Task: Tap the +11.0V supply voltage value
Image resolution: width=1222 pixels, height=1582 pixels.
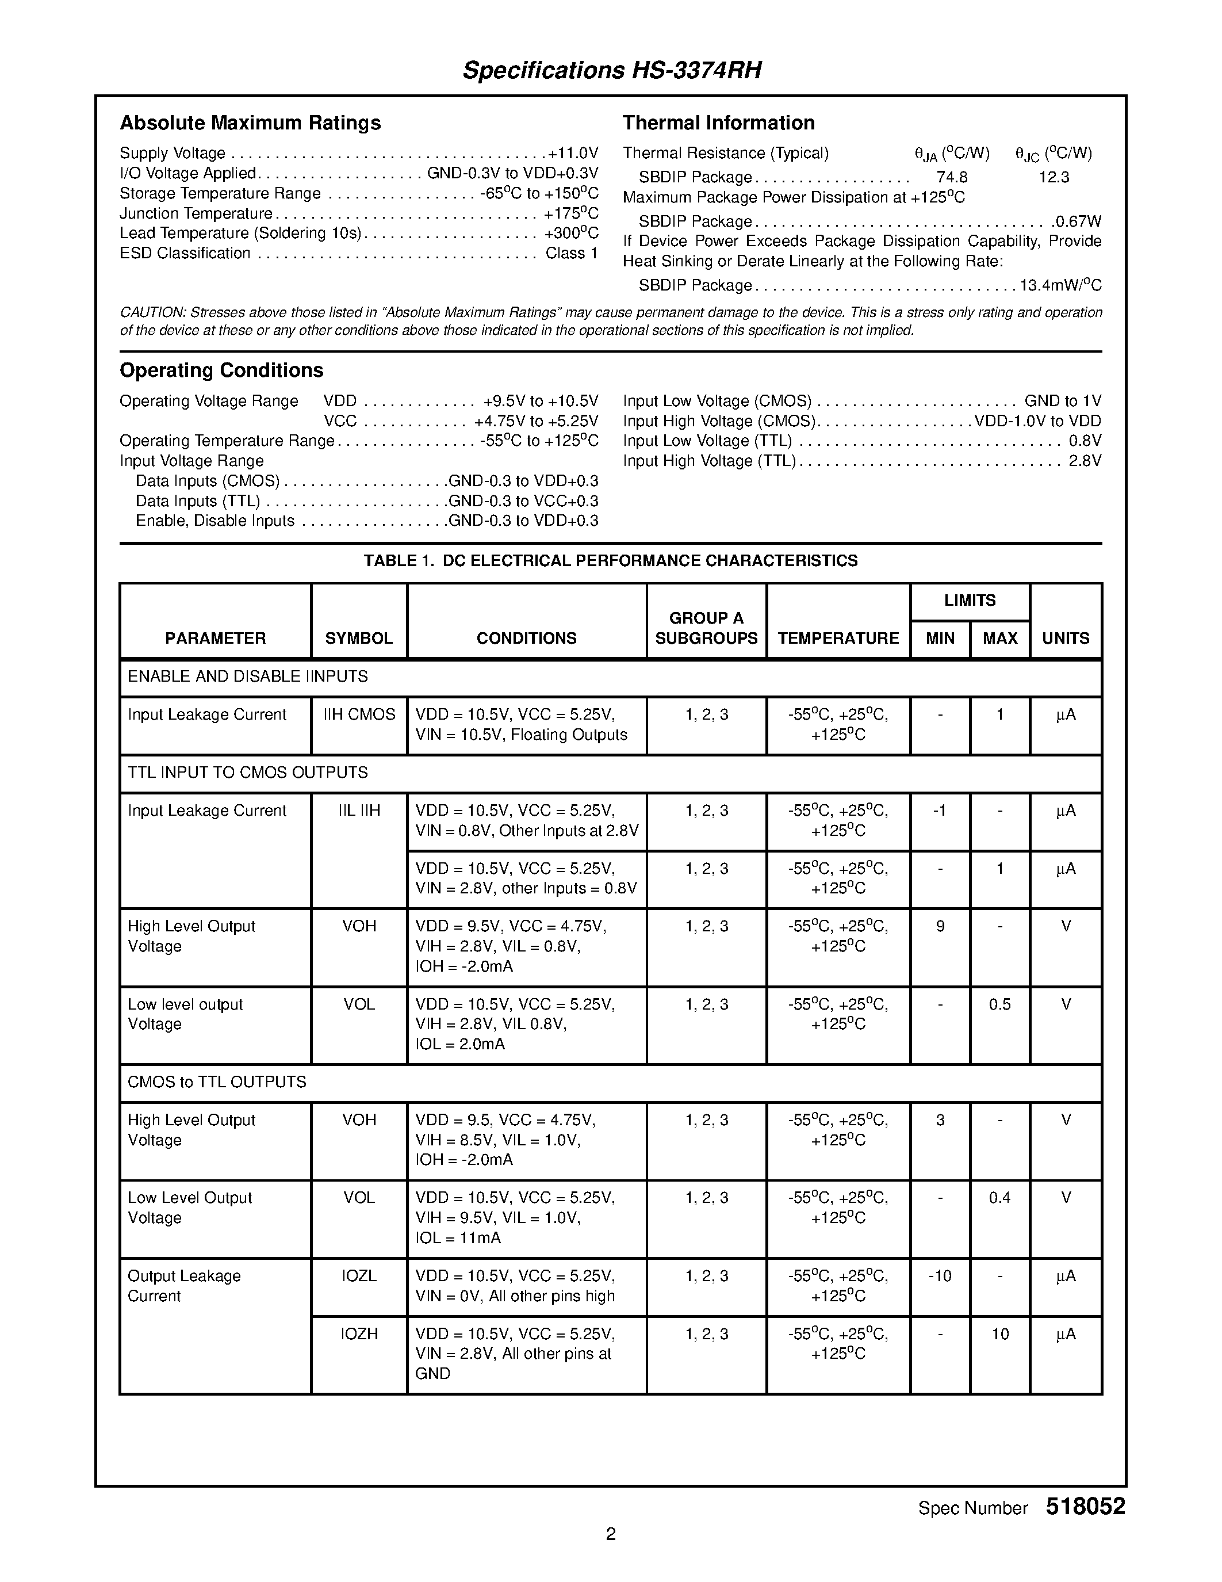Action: point(573,154)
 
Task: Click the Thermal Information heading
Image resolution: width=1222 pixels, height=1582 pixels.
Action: point(718,123)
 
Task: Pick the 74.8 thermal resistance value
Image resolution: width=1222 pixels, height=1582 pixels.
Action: point(951,177)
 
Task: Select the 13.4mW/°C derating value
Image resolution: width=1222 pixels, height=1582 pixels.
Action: point(1060,285)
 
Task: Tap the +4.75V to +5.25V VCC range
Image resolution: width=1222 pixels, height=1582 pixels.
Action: point(536,422)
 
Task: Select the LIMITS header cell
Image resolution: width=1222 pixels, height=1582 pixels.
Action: point(970,601)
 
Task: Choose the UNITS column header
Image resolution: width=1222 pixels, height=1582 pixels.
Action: point(1065,638)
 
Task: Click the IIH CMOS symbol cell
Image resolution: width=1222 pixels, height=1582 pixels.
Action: point(359,715)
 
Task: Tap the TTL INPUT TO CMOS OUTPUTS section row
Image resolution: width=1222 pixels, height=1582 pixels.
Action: point(248,773)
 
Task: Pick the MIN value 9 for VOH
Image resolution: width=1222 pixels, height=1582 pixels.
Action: point(940,926)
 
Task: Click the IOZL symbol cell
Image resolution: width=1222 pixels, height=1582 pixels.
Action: point(359,1277)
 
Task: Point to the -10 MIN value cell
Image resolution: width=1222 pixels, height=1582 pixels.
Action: point(940,1277)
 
